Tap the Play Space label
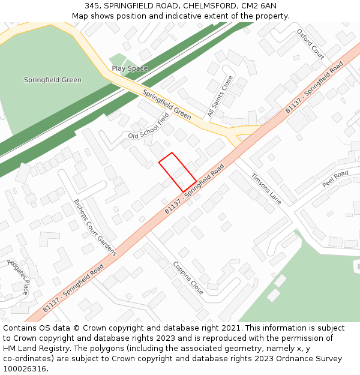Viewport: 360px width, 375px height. (x=130, y=68)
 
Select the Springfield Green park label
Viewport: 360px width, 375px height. (x=53, y=80)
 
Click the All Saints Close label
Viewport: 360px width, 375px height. (x=220, y=96)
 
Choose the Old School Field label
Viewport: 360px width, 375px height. (x=149, y=127)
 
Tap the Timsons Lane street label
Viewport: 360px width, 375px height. (x=266, y=188)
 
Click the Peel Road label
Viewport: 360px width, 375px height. (x=335, y=179)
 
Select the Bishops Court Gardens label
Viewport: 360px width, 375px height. (x=95, y=227)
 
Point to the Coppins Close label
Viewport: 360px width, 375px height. (x=188, y=277)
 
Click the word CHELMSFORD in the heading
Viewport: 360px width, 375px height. (x=207, y=6)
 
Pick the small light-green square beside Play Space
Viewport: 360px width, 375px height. (x=118, y=59)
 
